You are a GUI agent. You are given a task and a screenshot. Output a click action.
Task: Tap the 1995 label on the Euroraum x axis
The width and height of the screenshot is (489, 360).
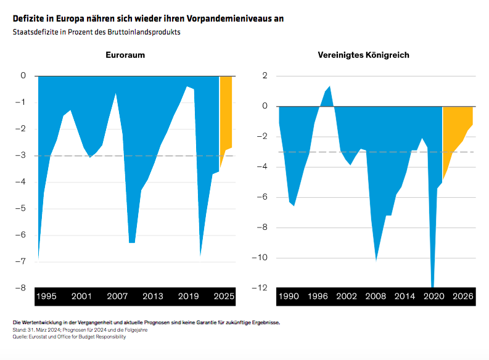[x=46, y=297]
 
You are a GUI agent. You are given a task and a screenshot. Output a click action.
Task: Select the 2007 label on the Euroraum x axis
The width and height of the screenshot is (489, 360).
[x=117, y=297]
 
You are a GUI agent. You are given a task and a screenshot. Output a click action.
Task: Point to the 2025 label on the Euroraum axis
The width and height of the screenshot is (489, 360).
[x=223, y=297]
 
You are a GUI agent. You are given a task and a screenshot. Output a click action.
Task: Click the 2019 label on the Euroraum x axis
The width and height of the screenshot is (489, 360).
[x=188, y=297]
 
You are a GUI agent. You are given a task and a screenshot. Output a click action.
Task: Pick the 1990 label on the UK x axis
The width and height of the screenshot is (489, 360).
[x=289, y=297]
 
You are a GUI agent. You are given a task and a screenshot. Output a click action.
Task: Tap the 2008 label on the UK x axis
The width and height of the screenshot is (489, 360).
[x=376, y=297]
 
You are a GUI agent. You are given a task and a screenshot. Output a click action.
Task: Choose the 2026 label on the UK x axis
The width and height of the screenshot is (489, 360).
[x=462, y=297]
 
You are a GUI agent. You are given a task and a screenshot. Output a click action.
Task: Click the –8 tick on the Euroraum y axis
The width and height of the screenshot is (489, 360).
[x=22, y=288]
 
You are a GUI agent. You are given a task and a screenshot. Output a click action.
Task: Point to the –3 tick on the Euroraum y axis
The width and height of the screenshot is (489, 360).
[x=22, y=155]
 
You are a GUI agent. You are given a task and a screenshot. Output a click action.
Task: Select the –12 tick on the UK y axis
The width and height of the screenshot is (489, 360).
[x=261, y=288]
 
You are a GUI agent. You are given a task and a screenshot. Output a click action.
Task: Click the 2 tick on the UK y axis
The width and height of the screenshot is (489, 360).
[x=265, y=76]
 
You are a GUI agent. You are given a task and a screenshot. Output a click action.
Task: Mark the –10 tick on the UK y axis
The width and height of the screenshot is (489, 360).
[x=261, y=258]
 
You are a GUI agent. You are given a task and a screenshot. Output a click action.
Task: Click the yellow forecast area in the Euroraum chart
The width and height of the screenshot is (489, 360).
[x=226, y=111]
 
